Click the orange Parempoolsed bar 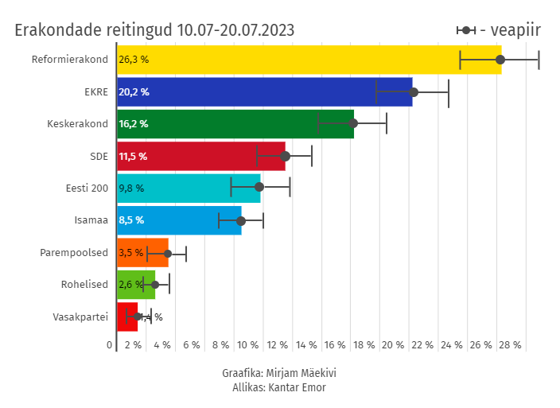coord(142,253)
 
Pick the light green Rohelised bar coord(136,285)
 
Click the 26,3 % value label coord(134,60)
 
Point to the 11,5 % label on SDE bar coord(133,157)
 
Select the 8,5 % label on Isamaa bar coord(131,220)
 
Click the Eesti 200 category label coord(87,188)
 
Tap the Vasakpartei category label coord(80,317)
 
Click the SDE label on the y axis coord(99,157)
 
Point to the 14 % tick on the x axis coord(306,345)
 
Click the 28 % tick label coord(510,345)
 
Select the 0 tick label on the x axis coord(110,345)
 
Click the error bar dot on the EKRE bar coord(414,92)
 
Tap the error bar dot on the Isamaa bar coord(241,220)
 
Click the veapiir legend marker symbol coord(466,30)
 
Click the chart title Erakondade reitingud coord(154,30)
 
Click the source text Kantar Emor coord(297,387)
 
